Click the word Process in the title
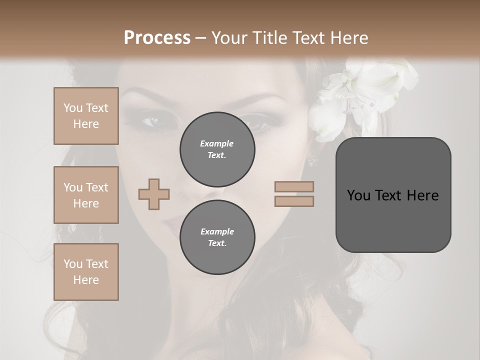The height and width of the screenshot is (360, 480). pos(157,37)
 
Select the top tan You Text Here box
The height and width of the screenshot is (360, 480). pos(86,116)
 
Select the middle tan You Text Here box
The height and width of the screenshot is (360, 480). pos(86,195)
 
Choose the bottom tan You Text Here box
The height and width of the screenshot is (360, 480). pos(86,272)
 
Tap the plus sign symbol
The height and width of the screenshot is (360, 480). pos(154,194)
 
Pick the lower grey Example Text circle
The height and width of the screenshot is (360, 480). pos(217,237)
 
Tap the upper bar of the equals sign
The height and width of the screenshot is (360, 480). pos(294,186)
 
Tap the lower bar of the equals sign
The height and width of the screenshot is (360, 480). pos(294,201)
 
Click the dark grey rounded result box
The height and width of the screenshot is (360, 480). pos(393,195)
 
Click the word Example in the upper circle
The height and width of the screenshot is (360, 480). pos(217,143)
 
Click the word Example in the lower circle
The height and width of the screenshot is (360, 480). pos(217,231)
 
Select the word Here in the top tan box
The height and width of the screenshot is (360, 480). pos(86,124)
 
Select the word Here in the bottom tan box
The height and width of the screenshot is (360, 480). pos(86,280)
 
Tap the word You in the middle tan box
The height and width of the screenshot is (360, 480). pos(72,187)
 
